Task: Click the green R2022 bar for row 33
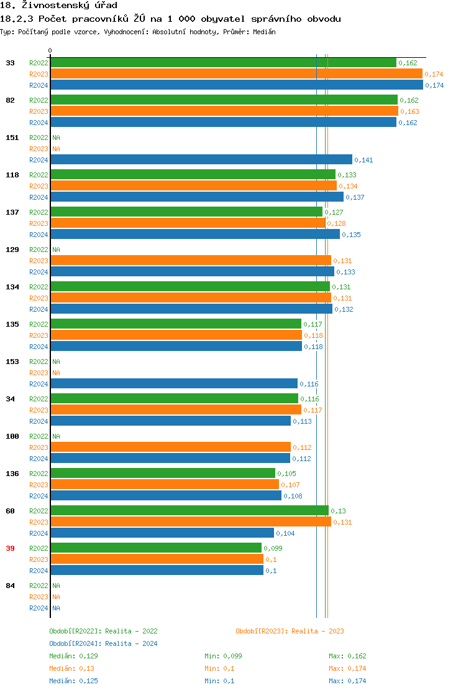pyautogui.click(x=223, y=63)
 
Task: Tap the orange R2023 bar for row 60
pyautogui.click(x=190, y=522)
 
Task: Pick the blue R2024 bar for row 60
pyautogui.click(x=162, y=533)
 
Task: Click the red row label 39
pyautogui.click(x=10, y=548)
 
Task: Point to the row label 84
pyautogui.click(x=10, y=586)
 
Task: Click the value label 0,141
pyautogui.click(x=363, y=161)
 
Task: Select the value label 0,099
pyautogui.click(x=273, y=549)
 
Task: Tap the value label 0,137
pyautogui.click(x=355, y=198)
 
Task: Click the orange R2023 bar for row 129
pyautogui.click(x=190, y=261)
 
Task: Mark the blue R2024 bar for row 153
pyautogui.click(x=174, y=384)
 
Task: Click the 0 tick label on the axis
pyautogui.click(x=50, y=50)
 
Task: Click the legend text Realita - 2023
pyautogui.click(x=318, y=631)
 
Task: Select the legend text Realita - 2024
pyautogui.click(x=131, y=643)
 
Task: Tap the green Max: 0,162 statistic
pyautogui.click(x=347, y=656)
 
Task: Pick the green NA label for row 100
pyautogui.click(x=56, y=436)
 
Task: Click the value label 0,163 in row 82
pyautogui.click(x=409, y=112)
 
